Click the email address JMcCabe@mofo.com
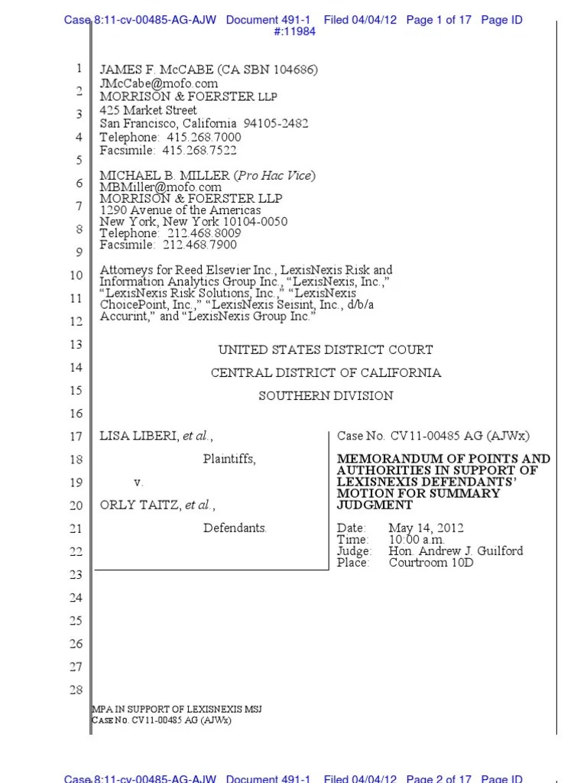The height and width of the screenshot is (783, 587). (159, 83)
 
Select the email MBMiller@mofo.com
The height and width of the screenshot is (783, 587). (161, 187)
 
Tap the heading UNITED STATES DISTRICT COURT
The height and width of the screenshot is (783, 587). (326, 350)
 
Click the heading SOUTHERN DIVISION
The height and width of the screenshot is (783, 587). (326, 396)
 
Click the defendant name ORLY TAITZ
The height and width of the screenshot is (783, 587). (138, 505)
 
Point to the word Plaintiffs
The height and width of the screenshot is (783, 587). (229, 460)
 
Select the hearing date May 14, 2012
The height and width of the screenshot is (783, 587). (425, 528)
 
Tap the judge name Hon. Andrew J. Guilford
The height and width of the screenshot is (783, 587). (442, 551)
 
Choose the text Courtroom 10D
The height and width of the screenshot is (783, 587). (431, 563)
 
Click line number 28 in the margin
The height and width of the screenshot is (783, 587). (76, 690)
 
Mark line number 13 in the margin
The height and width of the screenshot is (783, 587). (76, 345)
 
